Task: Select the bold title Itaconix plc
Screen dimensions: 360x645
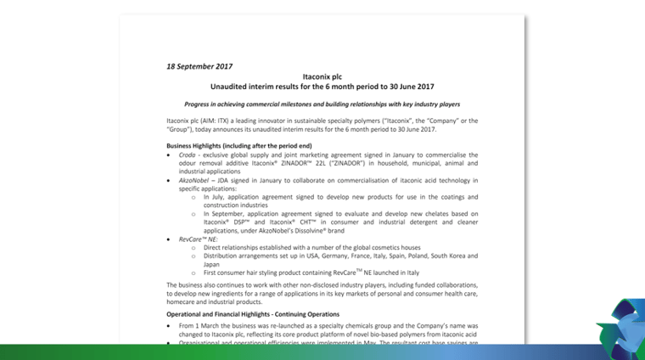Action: pos(322,76)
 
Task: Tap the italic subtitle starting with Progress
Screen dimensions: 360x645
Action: pos(322,104)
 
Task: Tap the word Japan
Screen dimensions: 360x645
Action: pos(212,263)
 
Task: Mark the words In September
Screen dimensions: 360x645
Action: pos(224,214)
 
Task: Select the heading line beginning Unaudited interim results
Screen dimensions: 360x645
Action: pos(322,87)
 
